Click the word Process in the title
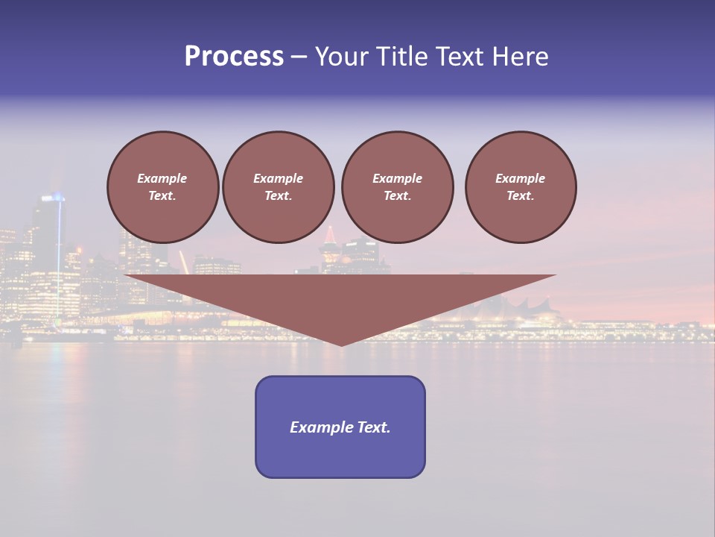[234, 57]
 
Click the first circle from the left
[163, 187]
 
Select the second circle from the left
[279, 187]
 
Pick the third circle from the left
[398, 187]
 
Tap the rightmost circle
[521, 187]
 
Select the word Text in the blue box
[372, 427]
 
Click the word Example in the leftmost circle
[162, 178]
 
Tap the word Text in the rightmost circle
[520, 196]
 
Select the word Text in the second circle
[278, 196]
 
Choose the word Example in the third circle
[397, 178]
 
